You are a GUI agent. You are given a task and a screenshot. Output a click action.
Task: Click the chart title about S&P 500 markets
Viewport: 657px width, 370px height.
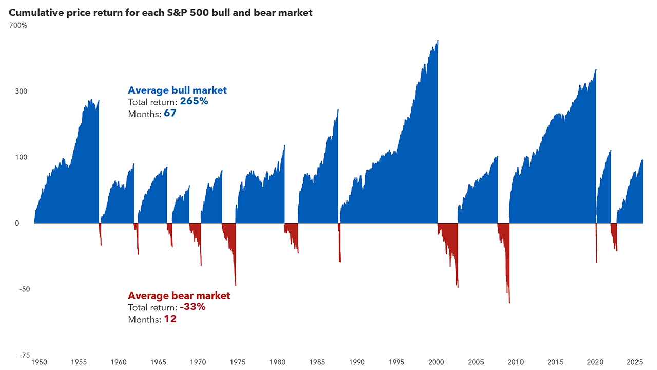click(x=160, y=13)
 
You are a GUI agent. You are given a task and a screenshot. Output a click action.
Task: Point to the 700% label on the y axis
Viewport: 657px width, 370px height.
click(x=18, y=25)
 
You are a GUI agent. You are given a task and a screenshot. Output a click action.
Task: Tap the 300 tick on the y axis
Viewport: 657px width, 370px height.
click(x=21, y=91)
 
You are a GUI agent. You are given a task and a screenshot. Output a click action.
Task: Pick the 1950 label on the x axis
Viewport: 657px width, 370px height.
click(x=38, y=362)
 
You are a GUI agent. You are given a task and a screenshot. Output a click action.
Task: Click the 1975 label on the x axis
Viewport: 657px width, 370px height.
click(x=238, y=362)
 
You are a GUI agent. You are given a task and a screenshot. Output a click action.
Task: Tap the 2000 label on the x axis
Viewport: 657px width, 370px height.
click(x=436, y=362)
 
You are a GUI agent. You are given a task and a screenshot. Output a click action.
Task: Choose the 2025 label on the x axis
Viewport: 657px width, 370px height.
click(x=635, y=362)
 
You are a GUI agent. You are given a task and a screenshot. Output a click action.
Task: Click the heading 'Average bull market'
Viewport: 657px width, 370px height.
click(x=177, y=90)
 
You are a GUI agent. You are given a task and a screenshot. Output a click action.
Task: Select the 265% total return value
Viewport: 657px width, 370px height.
click(x=194, y=102)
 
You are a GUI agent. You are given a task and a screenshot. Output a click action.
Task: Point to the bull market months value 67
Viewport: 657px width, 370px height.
click(x=170, y=114)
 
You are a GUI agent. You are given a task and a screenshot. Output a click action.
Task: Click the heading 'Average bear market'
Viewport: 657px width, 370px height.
click(x=179, y=296)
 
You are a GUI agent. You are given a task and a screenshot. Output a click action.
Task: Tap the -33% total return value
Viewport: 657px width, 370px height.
click(x=192, y=307)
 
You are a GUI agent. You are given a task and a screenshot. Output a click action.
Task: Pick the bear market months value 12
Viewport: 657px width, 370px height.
click(x=170, y=319)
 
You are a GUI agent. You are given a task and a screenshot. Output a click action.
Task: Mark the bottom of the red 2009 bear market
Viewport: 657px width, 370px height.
click(x=509, y=302)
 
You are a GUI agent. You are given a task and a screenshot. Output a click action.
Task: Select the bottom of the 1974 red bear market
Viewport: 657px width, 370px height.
click(x=236, y=285)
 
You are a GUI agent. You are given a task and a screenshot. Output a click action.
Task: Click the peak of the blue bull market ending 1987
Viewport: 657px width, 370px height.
click(x=338, y=110)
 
